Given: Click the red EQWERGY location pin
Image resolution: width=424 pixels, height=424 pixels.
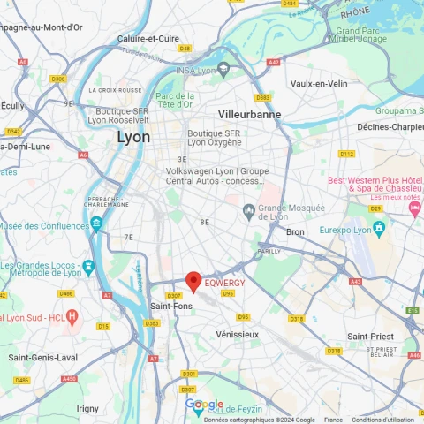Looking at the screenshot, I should point(193,281).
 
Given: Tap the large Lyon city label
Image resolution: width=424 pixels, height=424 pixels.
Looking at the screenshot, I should point(133,137).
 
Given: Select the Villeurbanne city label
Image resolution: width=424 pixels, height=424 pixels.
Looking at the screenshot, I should point(249,114).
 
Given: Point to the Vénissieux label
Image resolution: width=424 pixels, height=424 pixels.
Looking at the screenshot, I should point(238,334).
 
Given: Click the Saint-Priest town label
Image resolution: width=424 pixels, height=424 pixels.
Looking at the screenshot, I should point(371,336).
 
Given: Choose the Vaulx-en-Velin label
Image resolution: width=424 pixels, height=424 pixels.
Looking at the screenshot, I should point(319,83).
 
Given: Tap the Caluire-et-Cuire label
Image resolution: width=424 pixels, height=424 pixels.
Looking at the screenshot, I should point(148,38).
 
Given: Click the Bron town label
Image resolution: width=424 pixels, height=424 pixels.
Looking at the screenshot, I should point(295,231).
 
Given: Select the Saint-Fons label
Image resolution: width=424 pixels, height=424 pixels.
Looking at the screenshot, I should point(170,306).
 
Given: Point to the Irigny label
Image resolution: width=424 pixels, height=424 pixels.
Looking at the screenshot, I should point(88,407).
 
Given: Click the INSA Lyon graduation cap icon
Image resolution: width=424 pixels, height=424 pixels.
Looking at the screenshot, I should point(225,70).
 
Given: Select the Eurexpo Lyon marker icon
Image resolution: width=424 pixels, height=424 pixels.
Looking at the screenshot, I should point(380,228).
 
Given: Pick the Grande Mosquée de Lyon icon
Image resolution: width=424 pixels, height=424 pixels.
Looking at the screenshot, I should point(251,209).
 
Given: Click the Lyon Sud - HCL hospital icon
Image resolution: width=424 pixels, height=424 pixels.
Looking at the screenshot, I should point(72,315).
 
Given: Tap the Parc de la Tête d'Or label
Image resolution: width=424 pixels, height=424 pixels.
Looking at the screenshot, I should point(174,101).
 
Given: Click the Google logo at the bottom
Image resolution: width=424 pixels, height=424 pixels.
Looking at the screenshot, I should point(204,405).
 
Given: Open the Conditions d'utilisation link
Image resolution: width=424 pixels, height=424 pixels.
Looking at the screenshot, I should point(383,420).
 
